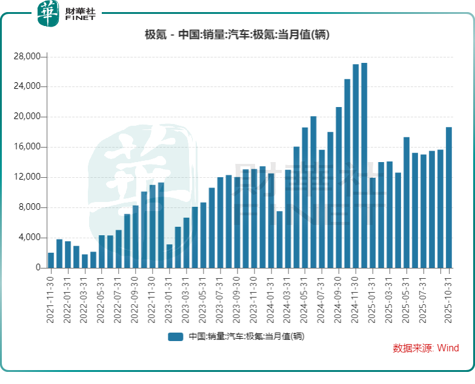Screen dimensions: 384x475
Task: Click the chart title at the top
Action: point(237,34)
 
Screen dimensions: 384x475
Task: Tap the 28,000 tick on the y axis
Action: point(27,56)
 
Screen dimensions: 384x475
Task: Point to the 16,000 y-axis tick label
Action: point(27,147)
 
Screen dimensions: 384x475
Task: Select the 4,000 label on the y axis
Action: point(29,238)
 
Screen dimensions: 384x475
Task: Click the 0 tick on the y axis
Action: point(37,268)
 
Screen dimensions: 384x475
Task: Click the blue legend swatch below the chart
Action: point(176,337)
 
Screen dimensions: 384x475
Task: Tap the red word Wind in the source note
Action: point(448,348)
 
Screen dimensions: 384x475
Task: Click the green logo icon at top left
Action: point(48,14)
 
